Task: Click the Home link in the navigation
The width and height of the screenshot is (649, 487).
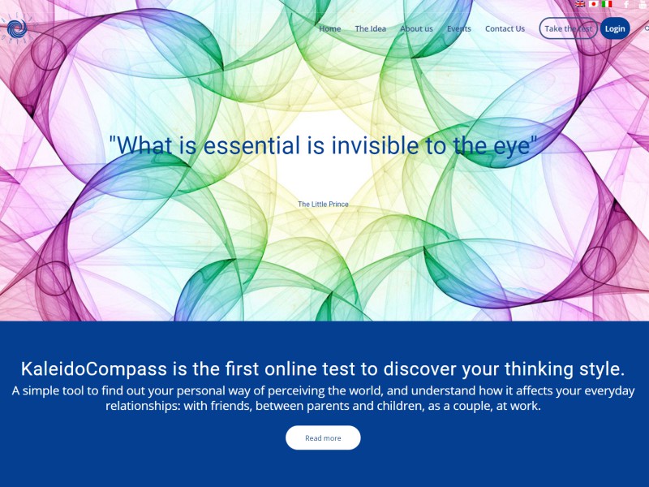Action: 330,28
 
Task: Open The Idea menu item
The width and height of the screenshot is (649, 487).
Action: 371,28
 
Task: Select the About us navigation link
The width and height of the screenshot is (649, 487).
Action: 416,28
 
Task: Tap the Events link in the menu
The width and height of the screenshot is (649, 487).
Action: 459,28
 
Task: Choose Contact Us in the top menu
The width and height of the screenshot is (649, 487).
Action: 505,28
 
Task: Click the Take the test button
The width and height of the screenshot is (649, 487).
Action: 569,28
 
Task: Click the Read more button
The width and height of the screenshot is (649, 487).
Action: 323,437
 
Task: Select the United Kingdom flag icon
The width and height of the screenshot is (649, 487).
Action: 580,4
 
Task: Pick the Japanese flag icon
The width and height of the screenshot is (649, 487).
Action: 594,4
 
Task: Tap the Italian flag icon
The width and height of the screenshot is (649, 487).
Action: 607,4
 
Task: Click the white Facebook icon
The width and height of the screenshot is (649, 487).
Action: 626,4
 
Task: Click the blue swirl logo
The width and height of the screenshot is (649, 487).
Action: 17,28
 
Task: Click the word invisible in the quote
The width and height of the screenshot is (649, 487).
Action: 375,145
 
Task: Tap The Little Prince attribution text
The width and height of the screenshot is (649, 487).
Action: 323,205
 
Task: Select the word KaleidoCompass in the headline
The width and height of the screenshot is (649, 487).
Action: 94,368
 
